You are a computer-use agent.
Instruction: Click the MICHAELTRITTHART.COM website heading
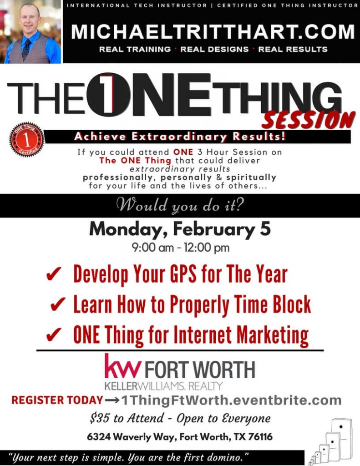tap(213, 32)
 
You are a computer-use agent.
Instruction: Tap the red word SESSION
tap(308, 120)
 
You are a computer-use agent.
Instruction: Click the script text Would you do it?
tap(180, 206)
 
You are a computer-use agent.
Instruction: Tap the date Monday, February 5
tap(180, 229)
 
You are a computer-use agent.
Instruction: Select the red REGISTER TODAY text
tap(57, 400)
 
